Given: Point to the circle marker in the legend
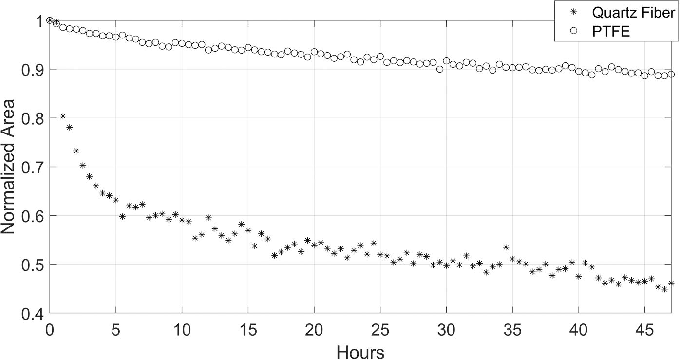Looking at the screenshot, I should pos(573,32).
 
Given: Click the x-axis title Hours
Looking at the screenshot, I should pos(361,352).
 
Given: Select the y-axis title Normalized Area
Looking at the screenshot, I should pos(10,166).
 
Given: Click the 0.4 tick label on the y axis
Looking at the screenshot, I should pos(32,313).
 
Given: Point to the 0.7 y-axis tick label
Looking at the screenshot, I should pos(32,167).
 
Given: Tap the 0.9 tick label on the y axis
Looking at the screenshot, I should pos(32,70).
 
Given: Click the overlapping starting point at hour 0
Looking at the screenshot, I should pos(50,20).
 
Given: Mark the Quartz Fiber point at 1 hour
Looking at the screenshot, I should pos(63,116).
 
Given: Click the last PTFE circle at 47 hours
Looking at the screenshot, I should pos(671,74).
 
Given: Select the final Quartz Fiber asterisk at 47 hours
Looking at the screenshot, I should pos(671,283).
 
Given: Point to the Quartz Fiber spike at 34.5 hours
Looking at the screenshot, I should pos(506,247).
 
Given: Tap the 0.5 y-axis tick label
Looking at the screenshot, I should pos(32,265).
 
